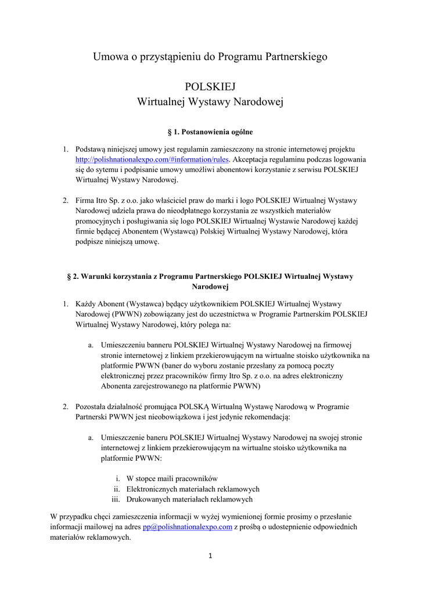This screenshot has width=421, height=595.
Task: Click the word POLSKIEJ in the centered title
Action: point(210,87)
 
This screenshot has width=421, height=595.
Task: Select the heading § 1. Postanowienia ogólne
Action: point(210,132)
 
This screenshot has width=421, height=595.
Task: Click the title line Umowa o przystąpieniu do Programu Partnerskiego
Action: point(210,57)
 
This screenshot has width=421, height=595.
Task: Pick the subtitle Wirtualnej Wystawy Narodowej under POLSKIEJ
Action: point(210,102)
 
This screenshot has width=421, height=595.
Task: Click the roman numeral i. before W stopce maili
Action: point(118,478)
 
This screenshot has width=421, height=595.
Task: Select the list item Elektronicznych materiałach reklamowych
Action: point(193,489)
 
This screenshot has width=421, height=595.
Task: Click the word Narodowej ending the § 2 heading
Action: point(210,287)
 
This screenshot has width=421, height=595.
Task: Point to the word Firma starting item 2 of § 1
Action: point(86,200)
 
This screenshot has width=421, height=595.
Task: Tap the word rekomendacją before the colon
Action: point(265,417)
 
